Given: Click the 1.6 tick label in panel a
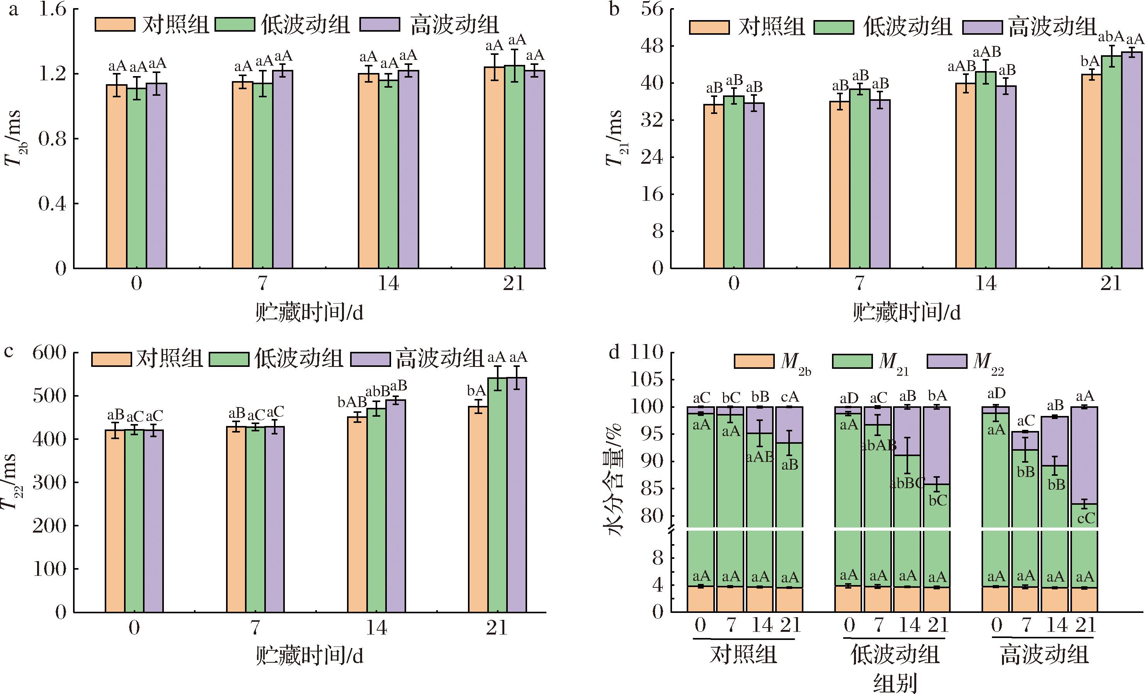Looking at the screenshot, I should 52,9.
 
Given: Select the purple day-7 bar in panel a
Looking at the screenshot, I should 282,169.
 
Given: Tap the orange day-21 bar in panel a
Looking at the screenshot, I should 494,167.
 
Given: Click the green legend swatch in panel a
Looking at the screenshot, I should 235,24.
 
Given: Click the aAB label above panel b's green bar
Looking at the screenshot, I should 987,52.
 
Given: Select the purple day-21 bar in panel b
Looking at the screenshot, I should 1132,160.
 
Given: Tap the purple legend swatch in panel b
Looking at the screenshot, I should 982,27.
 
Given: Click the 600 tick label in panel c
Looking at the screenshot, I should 49,353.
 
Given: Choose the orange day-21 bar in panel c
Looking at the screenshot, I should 478,509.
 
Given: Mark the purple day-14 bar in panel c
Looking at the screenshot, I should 395,506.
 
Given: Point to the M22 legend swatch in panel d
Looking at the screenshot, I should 946,361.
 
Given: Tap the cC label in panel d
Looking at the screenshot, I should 1086,518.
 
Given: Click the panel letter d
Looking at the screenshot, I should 614,353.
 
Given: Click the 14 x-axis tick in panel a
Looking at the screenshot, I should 388,283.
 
